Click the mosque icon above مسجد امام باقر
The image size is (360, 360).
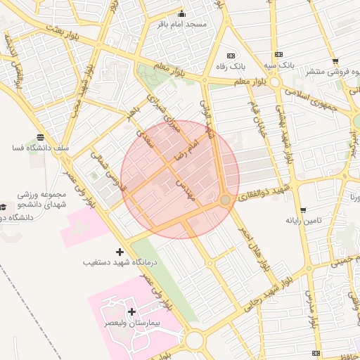(181, 13)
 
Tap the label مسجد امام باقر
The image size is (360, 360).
(181, 24)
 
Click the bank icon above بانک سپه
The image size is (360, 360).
(279, 54)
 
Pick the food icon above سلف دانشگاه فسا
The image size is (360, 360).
(39, 138)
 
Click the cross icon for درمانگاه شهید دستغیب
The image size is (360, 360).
(120, 251)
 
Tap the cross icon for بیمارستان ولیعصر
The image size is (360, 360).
(131, 311)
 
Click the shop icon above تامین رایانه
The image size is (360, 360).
(302, 210)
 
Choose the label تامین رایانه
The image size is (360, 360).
(303, 221)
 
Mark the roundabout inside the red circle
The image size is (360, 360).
(225, 201)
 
